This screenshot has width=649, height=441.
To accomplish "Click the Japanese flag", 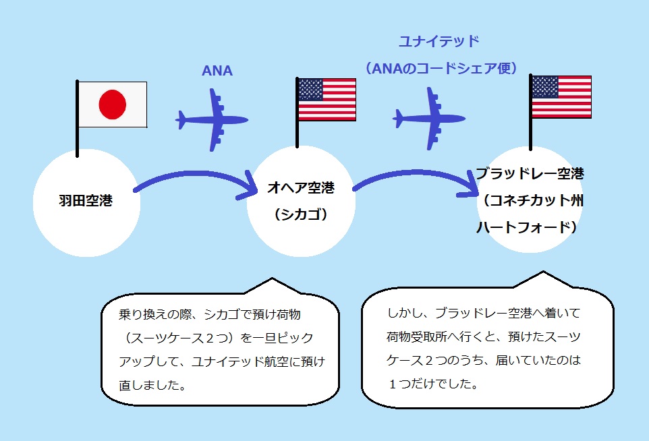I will pyautogui.click(x=113, y=105).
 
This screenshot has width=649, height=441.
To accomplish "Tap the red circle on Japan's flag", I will pyautogui.click(x=113, y=105).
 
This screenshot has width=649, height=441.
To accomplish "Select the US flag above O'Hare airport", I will pyautogui.click(x=327, y=99).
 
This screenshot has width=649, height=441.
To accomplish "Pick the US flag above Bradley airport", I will pyautogui.click(x=561, y=97).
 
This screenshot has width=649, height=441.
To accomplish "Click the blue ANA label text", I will pyautogui.click(x=217, y=71).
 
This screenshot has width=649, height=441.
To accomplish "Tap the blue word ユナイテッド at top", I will pyautogui.click(x=439, y=41).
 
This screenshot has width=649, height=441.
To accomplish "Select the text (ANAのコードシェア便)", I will pyautogui.click(x=440, y=67).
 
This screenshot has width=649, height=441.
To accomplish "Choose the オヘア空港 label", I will pyautogui.click(x=301, y=187).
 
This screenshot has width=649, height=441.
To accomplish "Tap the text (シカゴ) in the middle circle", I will pyautogui.click(x=301, y=214).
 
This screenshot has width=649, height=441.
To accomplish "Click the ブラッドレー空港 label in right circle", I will pyautogui.click(x=530, y=173).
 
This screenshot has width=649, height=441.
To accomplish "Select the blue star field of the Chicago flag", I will pyautogui.click(x=310, y=89).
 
